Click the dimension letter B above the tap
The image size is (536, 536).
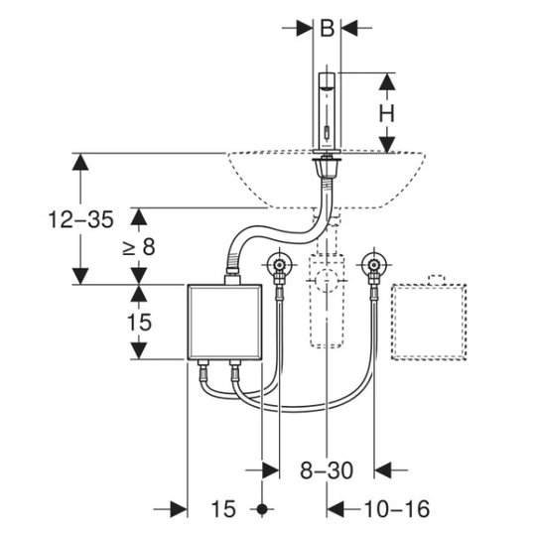[x=327, y=28]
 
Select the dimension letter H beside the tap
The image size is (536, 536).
[x=387, y=113]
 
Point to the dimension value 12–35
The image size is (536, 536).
[x=80, y=219]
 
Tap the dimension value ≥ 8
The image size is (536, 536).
[x=138, y=246]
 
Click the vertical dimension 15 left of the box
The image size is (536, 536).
[x=139, y=322]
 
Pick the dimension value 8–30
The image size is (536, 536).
[x=327, y=470]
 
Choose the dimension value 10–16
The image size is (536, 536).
[x=397, y=509]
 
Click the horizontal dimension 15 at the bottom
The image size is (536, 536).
[x=223, y=509]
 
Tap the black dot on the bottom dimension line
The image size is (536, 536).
[x=262, y=509]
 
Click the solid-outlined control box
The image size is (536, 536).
[x=224, y=322]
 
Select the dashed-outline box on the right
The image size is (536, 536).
[x=429, y=322]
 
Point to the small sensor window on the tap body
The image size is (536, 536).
[x=328, y=132]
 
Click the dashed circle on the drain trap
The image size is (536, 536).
[x=327, y=280]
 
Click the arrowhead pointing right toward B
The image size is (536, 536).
[x=305, y=28]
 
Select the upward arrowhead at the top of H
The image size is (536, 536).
[x=387, y=81]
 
